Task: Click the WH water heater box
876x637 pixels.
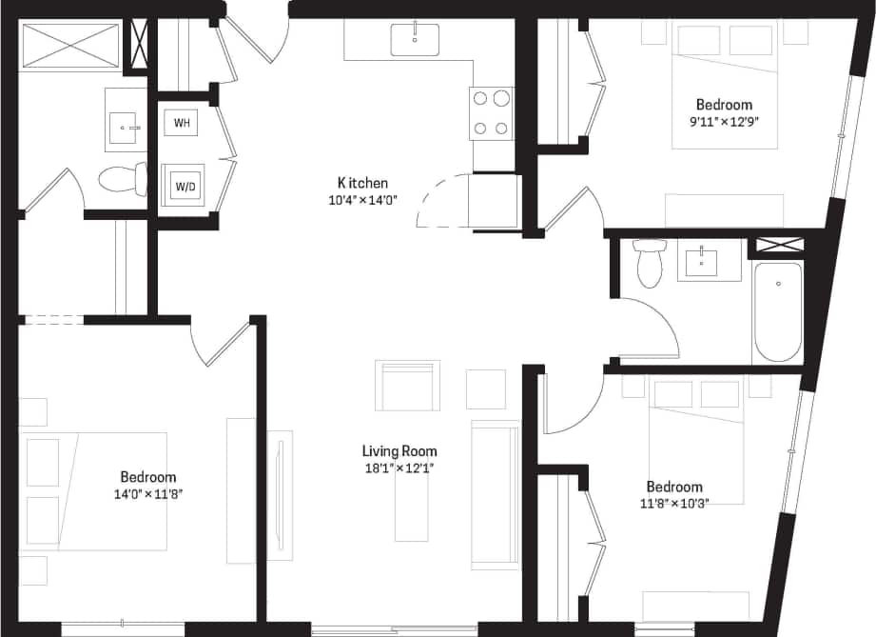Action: click(x=181, y=123)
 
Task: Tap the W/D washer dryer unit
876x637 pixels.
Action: click(x=184, y=187)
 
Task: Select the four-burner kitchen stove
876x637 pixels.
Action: click(x=491, y=112)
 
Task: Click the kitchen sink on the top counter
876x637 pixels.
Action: click(x=415, y=40)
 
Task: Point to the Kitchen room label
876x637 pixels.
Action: click(x=362, y=183)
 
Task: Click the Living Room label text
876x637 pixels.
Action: click(x=399, y=451)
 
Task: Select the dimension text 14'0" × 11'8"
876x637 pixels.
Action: click(x=147, y=493)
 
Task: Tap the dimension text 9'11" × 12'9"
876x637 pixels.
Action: click(x=724, y=121)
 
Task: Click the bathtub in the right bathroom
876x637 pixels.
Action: click(x=778, y=311)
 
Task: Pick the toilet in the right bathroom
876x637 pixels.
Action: click(x=651, y=261)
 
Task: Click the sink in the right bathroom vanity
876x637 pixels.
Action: click(x=703, y=261)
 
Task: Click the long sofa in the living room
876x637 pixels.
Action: click(x=496, y=493)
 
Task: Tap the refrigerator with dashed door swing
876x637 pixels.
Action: click(x=493, y=201)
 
